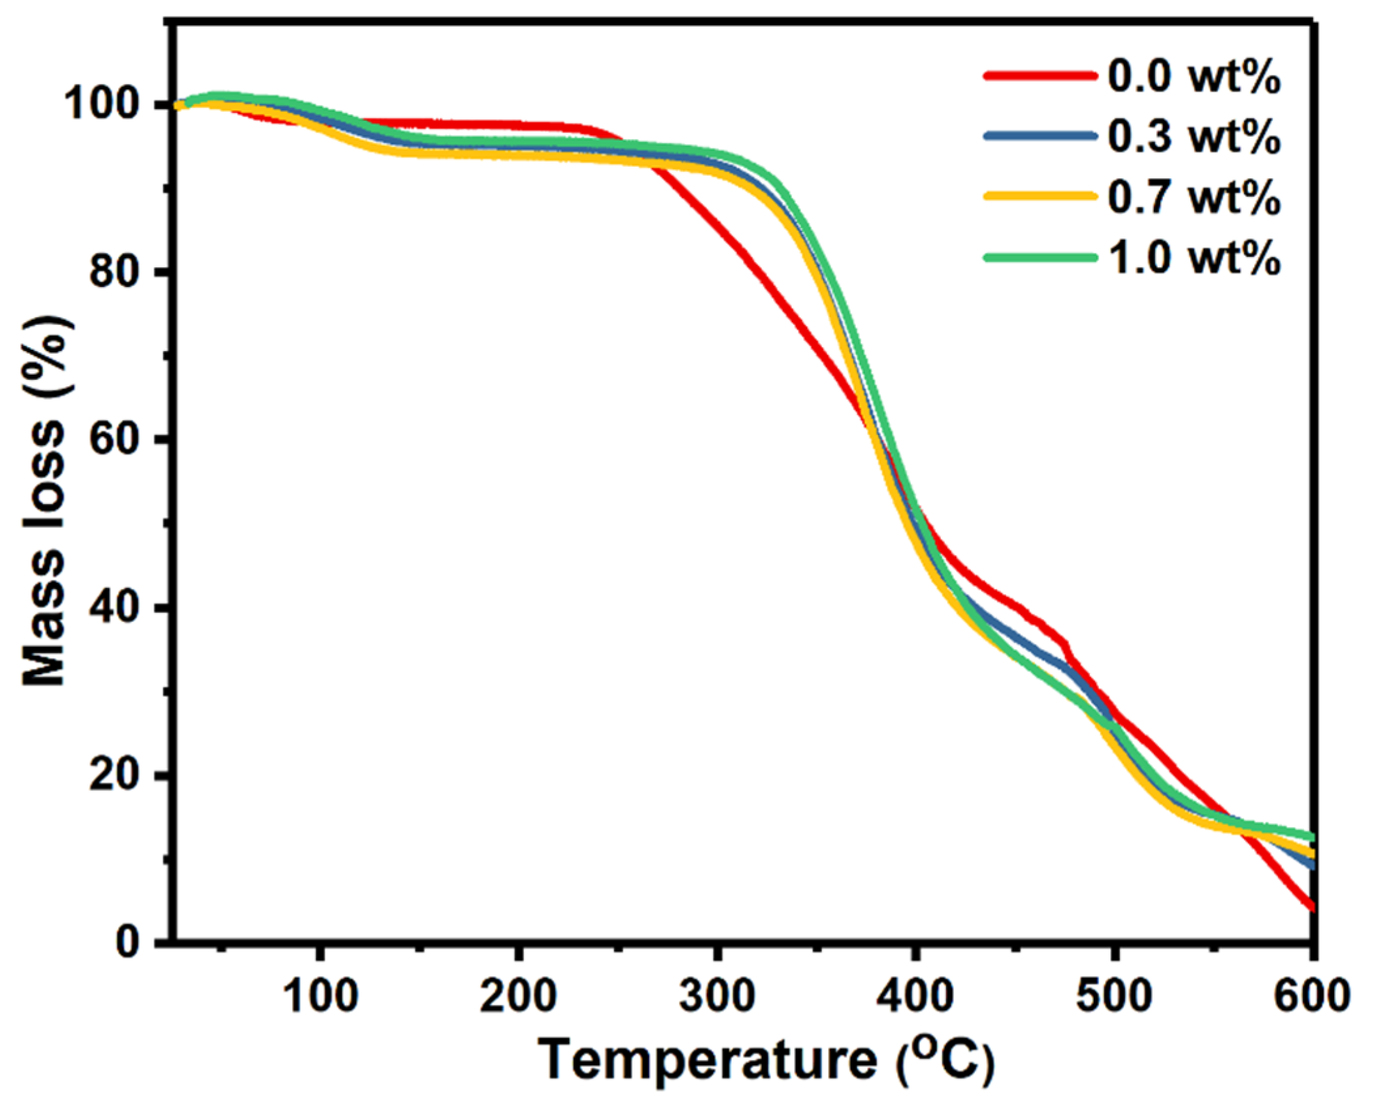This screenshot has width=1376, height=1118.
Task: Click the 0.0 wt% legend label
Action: (x=1193, y=77)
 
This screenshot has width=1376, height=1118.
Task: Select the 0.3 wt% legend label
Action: (x=1193, y=137)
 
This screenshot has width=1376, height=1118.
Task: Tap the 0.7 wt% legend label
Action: (x=1193, y=197)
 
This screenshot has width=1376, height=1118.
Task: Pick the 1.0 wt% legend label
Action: (x=1193, y=257)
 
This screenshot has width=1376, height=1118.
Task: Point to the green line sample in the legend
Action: (x=1039, y=258)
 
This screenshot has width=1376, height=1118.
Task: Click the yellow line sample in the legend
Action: (x=1039, y=196)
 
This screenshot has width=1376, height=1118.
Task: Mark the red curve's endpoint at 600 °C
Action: (x=1311, y=907)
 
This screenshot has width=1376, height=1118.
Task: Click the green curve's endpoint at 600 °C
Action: (x=1311, y=837)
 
